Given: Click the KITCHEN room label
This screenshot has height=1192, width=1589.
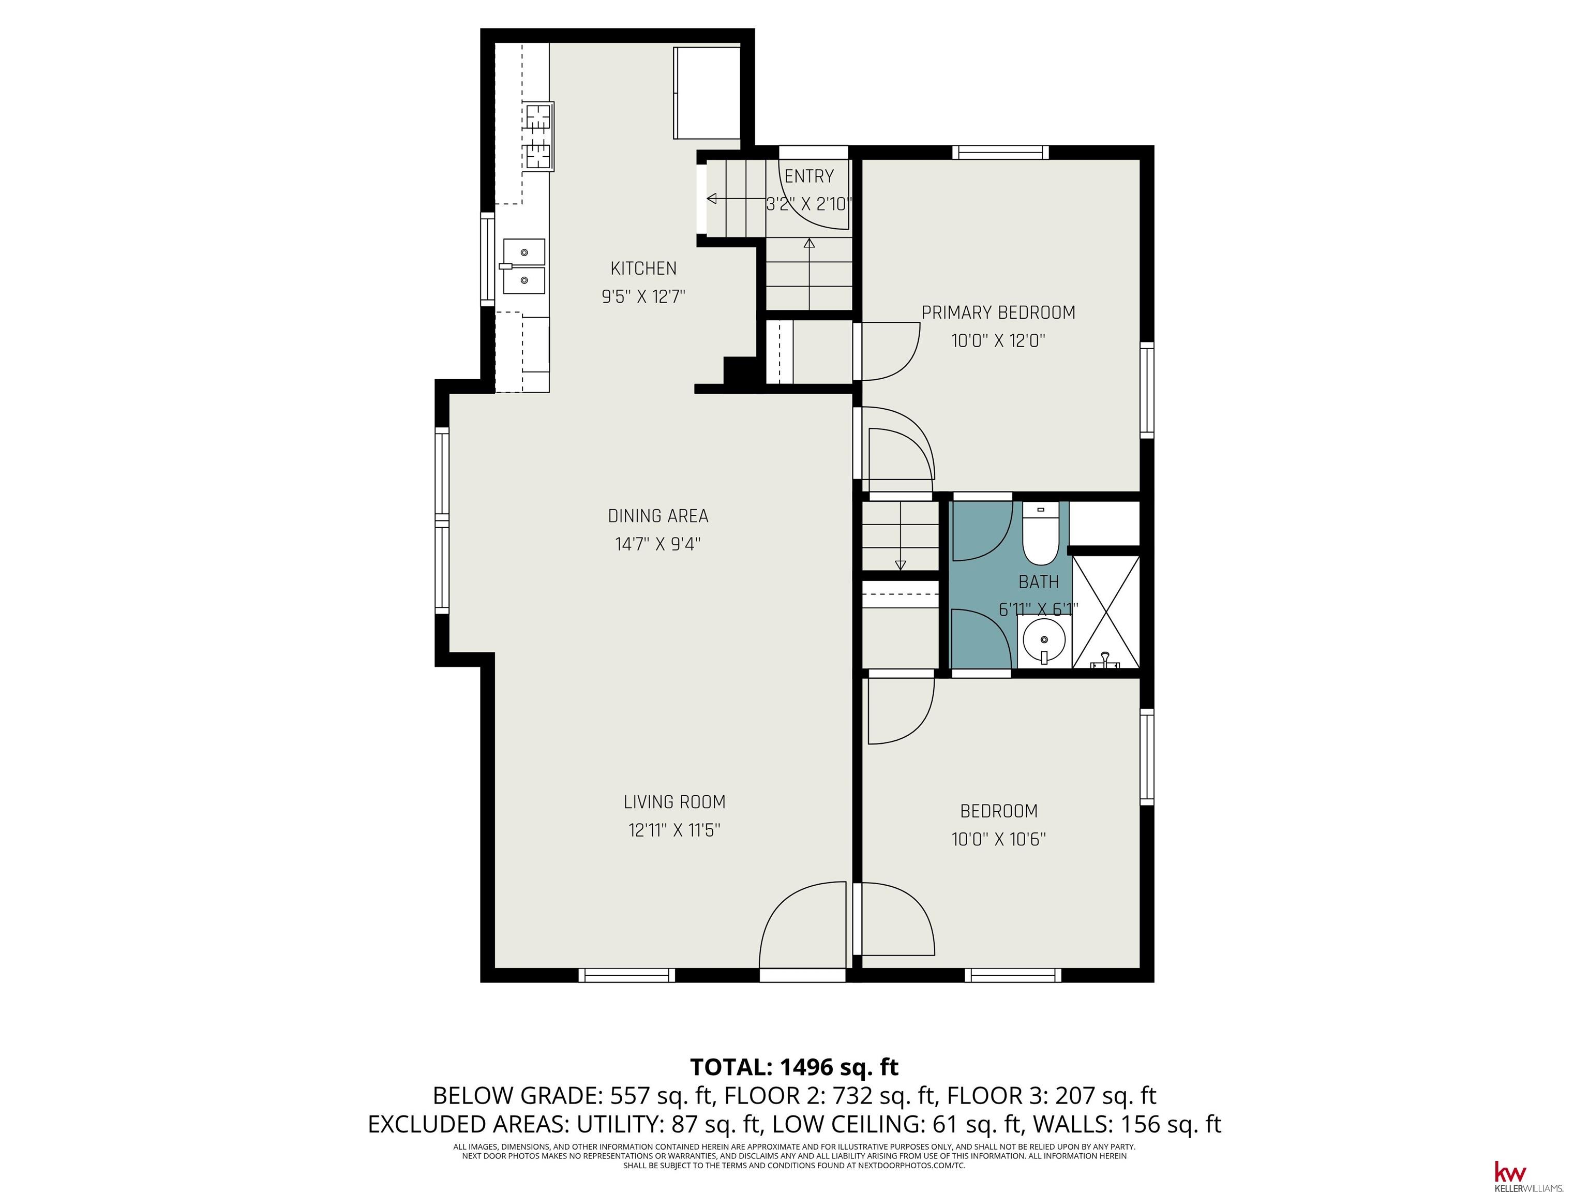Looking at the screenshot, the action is [643, 269].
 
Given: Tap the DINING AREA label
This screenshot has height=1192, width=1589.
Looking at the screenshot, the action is [658, 516].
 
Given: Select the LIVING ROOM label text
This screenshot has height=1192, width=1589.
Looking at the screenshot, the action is [674, 802].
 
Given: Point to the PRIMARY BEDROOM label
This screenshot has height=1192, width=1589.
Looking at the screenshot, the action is [998, 312].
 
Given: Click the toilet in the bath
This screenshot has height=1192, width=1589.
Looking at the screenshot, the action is [1040, 534].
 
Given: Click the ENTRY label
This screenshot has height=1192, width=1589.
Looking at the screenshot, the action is [809, 176].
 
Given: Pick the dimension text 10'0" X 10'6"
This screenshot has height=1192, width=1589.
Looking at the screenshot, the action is [998, 839].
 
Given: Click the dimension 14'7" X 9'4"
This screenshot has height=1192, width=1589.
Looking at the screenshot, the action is [657, 544].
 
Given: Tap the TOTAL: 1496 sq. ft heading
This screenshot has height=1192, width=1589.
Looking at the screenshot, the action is [794, 1066].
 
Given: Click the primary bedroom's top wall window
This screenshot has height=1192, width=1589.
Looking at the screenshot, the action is [1001, 152].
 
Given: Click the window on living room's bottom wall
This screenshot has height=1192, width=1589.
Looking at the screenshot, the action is [626, 975].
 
